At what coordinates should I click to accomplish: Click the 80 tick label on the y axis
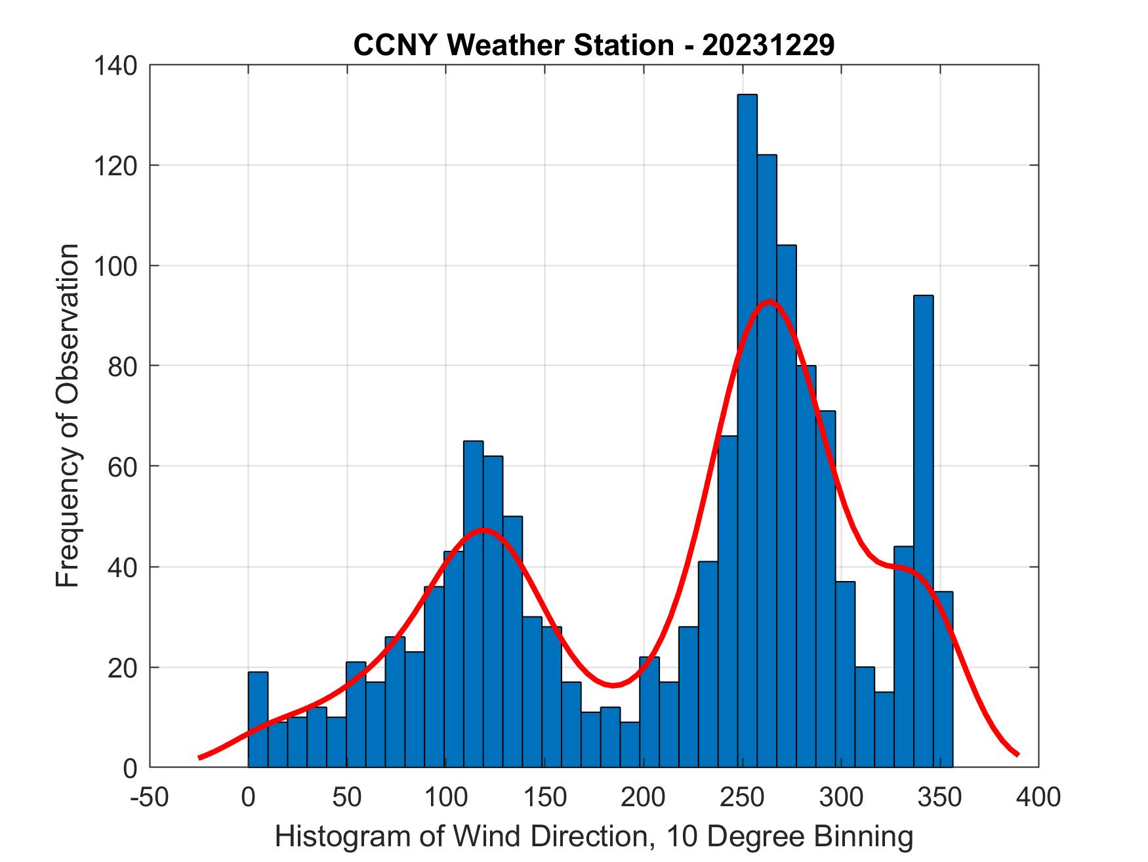[123, 366]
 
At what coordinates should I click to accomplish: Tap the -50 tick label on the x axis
[150, 797]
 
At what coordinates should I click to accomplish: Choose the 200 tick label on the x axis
[644, 797]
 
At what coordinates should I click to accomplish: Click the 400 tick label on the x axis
[1038, 797]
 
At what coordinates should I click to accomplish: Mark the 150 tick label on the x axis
[544, 797]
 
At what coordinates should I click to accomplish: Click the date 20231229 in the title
[768, 45]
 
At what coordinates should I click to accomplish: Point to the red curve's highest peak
[768, 301]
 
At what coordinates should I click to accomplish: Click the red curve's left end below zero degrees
[200, 758]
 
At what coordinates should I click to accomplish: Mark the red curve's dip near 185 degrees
[613, 685]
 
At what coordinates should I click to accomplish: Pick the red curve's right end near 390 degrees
[1017, 754]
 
